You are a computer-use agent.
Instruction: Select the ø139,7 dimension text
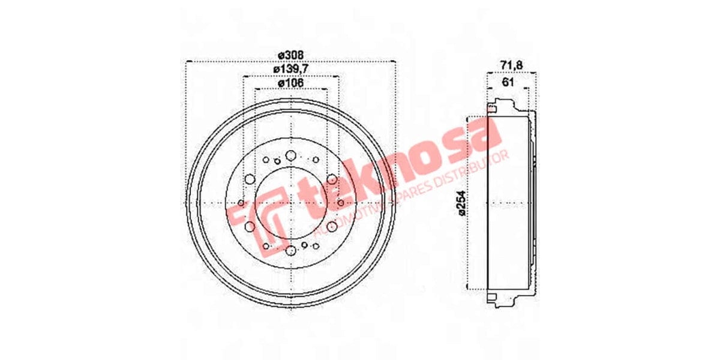290,69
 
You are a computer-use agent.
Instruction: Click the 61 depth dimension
507,82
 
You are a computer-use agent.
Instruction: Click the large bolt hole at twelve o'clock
290,156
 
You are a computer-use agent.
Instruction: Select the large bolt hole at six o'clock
290,250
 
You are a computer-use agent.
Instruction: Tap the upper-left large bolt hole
250,179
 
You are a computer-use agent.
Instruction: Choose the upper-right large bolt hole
331,179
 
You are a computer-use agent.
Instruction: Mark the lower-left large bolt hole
250,226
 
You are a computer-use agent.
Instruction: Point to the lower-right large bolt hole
331,226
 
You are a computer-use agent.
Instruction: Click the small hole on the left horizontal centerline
241,203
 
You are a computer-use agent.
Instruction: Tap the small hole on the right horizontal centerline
340,203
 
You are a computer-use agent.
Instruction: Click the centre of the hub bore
290,203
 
